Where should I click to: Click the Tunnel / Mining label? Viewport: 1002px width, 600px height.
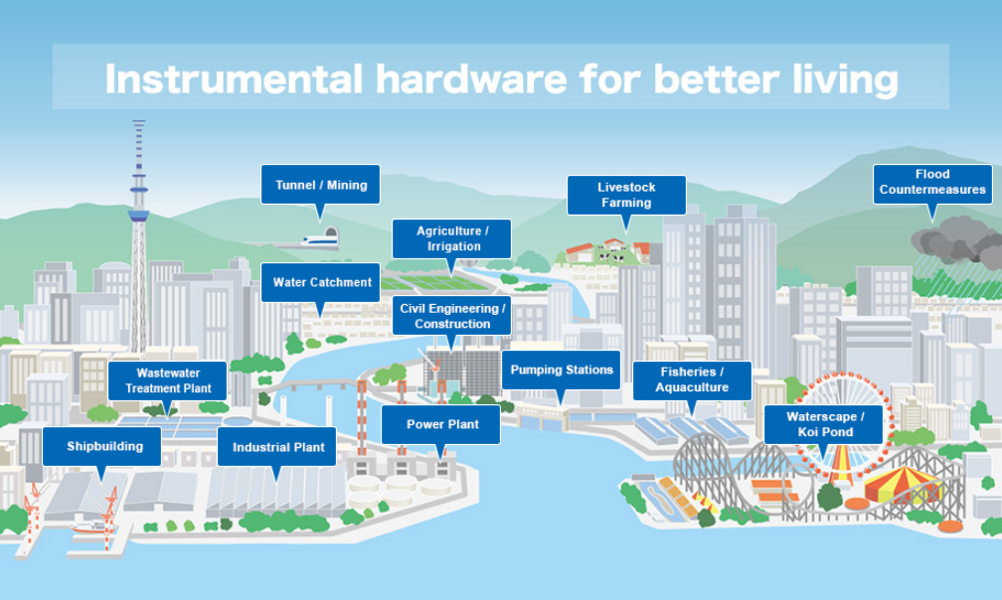coord(320,185)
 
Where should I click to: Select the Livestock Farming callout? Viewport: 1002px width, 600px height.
coord(626,195)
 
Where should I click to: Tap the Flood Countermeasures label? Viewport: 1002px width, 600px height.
coord(932,182)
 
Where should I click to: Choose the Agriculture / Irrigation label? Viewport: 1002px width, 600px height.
coord(451,238)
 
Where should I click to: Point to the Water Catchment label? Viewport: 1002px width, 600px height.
coord(320,282)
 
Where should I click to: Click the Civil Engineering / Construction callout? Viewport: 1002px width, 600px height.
coord(451,315)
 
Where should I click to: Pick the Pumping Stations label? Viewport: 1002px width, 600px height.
coord(561,370)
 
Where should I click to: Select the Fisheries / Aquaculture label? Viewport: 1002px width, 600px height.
coord(692,379)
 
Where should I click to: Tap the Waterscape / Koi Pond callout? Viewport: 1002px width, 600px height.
coord(823,424)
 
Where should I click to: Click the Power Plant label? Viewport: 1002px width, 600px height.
coord(441,424)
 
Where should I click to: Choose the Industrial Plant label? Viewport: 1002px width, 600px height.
coord(276,447)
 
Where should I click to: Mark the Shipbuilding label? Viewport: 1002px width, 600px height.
coord(102,446)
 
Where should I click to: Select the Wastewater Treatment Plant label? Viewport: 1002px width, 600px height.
coord(167,380)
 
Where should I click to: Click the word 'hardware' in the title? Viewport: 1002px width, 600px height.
coord(471,79)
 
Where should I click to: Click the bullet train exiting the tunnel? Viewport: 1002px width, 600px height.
coord(319,240)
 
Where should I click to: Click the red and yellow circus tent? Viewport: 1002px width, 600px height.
coord(903,484)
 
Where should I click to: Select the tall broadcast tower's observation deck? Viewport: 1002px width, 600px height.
coord(139,215)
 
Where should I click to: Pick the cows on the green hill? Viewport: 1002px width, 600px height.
coord(611,256)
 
